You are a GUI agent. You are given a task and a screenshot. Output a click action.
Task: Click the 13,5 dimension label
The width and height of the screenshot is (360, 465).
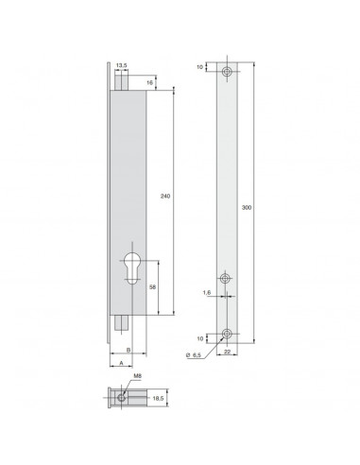(120, 66)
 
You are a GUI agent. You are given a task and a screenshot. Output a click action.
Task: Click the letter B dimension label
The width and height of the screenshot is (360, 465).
(126, 349)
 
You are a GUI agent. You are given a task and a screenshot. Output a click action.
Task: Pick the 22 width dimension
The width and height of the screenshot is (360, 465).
(228, 353)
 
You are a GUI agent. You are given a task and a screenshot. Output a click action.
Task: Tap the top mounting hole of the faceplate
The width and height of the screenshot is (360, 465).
(228, 72)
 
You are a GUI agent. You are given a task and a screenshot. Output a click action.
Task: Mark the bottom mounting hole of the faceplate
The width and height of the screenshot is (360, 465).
(228, 333)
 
